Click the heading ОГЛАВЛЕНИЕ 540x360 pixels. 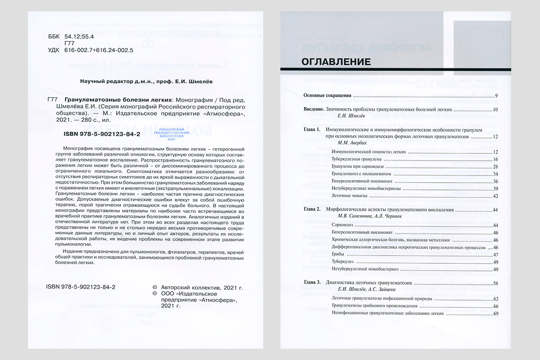click(336, 62)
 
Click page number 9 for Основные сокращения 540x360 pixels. click(495, 96)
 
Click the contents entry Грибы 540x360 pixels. click(338, 254)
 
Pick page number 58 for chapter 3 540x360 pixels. click(495, 283)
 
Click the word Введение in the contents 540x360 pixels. click(314, 109)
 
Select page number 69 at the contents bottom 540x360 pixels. click(495, 313)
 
